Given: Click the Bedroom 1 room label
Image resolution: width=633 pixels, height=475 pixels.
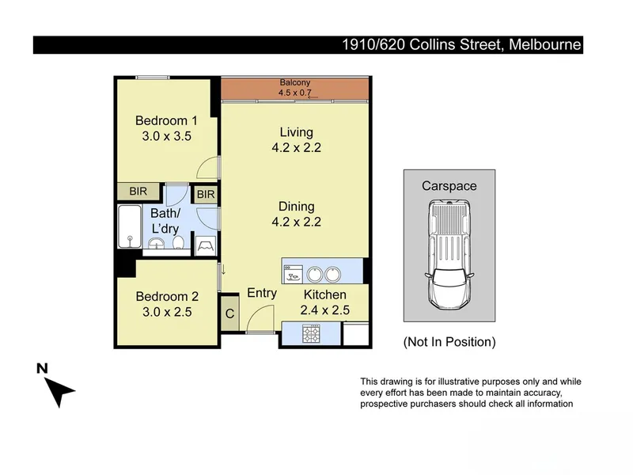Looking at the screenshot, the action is tap(166, 120).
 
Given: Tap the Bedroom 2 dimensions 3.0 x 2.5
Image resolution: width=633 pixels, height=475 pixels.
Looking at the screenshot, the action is tap(167, 312).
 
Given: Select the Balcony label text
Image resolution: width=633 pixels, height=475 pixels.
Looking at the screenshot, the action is tap(295, 82).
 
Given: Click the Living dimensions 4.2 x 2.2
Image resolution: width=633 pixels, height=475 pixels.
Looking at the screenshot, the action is tap(296, 147).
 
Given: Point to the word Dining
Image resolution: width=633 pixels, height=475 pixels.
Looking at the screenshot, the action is tap(296, 207).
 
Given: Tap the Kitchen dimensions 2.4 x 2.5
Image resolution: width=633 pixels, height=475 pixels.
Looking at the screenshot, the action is tap(325, 310).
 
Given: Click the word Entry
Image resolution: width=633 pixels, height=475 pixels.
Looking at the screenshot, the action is tap(262, 293).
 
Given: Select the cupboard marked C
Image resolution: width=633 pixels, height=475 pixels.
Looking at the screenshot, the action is tap(229, 313).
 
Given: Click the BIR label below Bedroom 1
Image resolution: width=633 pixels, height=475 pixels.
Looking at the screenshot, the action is tap(138, 191).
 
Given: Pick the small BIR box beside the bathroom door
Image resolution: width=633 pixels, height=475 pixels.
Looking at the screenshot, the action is tap(206, 195).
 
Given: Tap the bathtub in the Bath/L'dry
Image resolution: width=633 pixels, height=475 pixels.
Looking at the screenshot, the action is tap(130, 226).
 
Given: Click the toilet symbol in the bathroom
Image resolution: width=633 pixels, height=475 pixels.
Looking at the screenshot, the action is tap(178, 242).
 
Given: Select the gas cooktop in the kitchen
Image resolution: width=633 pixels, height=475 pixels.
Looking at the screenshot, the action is tap(311, 333).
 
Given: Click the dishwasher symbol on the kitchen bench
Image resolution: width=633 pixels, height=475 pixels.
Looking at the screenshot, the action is tap(293, 274).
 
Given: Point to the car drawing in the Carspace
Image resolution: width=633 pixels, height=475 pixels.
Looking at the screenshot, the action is tap(449, 254).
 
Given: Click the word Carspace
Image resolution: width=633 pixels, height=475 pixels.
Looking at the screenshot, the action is tap(449, 186).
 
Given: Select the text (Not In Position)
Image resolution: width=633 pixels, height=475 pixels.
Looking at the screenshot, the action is tap(449, 342).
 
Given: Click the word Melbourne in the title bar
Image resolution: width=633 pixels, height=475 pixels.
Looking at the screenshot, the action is tap(545, 44).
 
